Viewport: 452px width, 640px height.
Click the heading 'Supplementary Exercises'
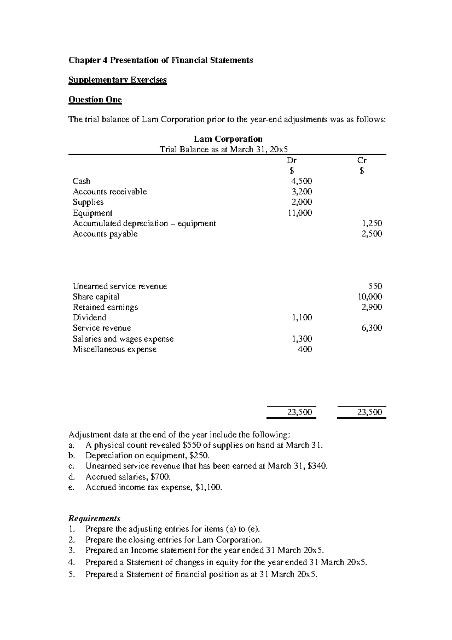117,80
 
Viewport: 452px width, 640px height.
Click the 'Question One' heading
95,100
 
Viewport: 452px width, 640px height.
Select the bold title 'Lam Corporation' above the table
228,139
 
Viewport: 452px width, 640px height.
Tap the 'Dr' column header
292,160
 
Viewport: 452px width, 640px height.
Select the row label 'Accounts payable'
105,234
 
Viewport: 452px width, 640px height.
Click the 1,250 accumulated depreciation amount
372,223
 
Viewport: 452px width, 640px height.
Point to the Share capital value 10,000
370,296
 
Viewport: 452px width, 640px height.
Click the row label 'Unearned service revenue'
120,286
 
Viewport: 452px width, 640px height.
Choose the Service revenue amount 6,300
372,328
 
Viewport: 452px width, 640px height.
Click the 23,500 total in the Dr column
299,412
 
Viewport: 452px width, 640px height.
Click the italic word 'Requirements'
94,518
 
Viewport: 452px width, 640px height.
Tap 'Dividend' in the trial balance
89,317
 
